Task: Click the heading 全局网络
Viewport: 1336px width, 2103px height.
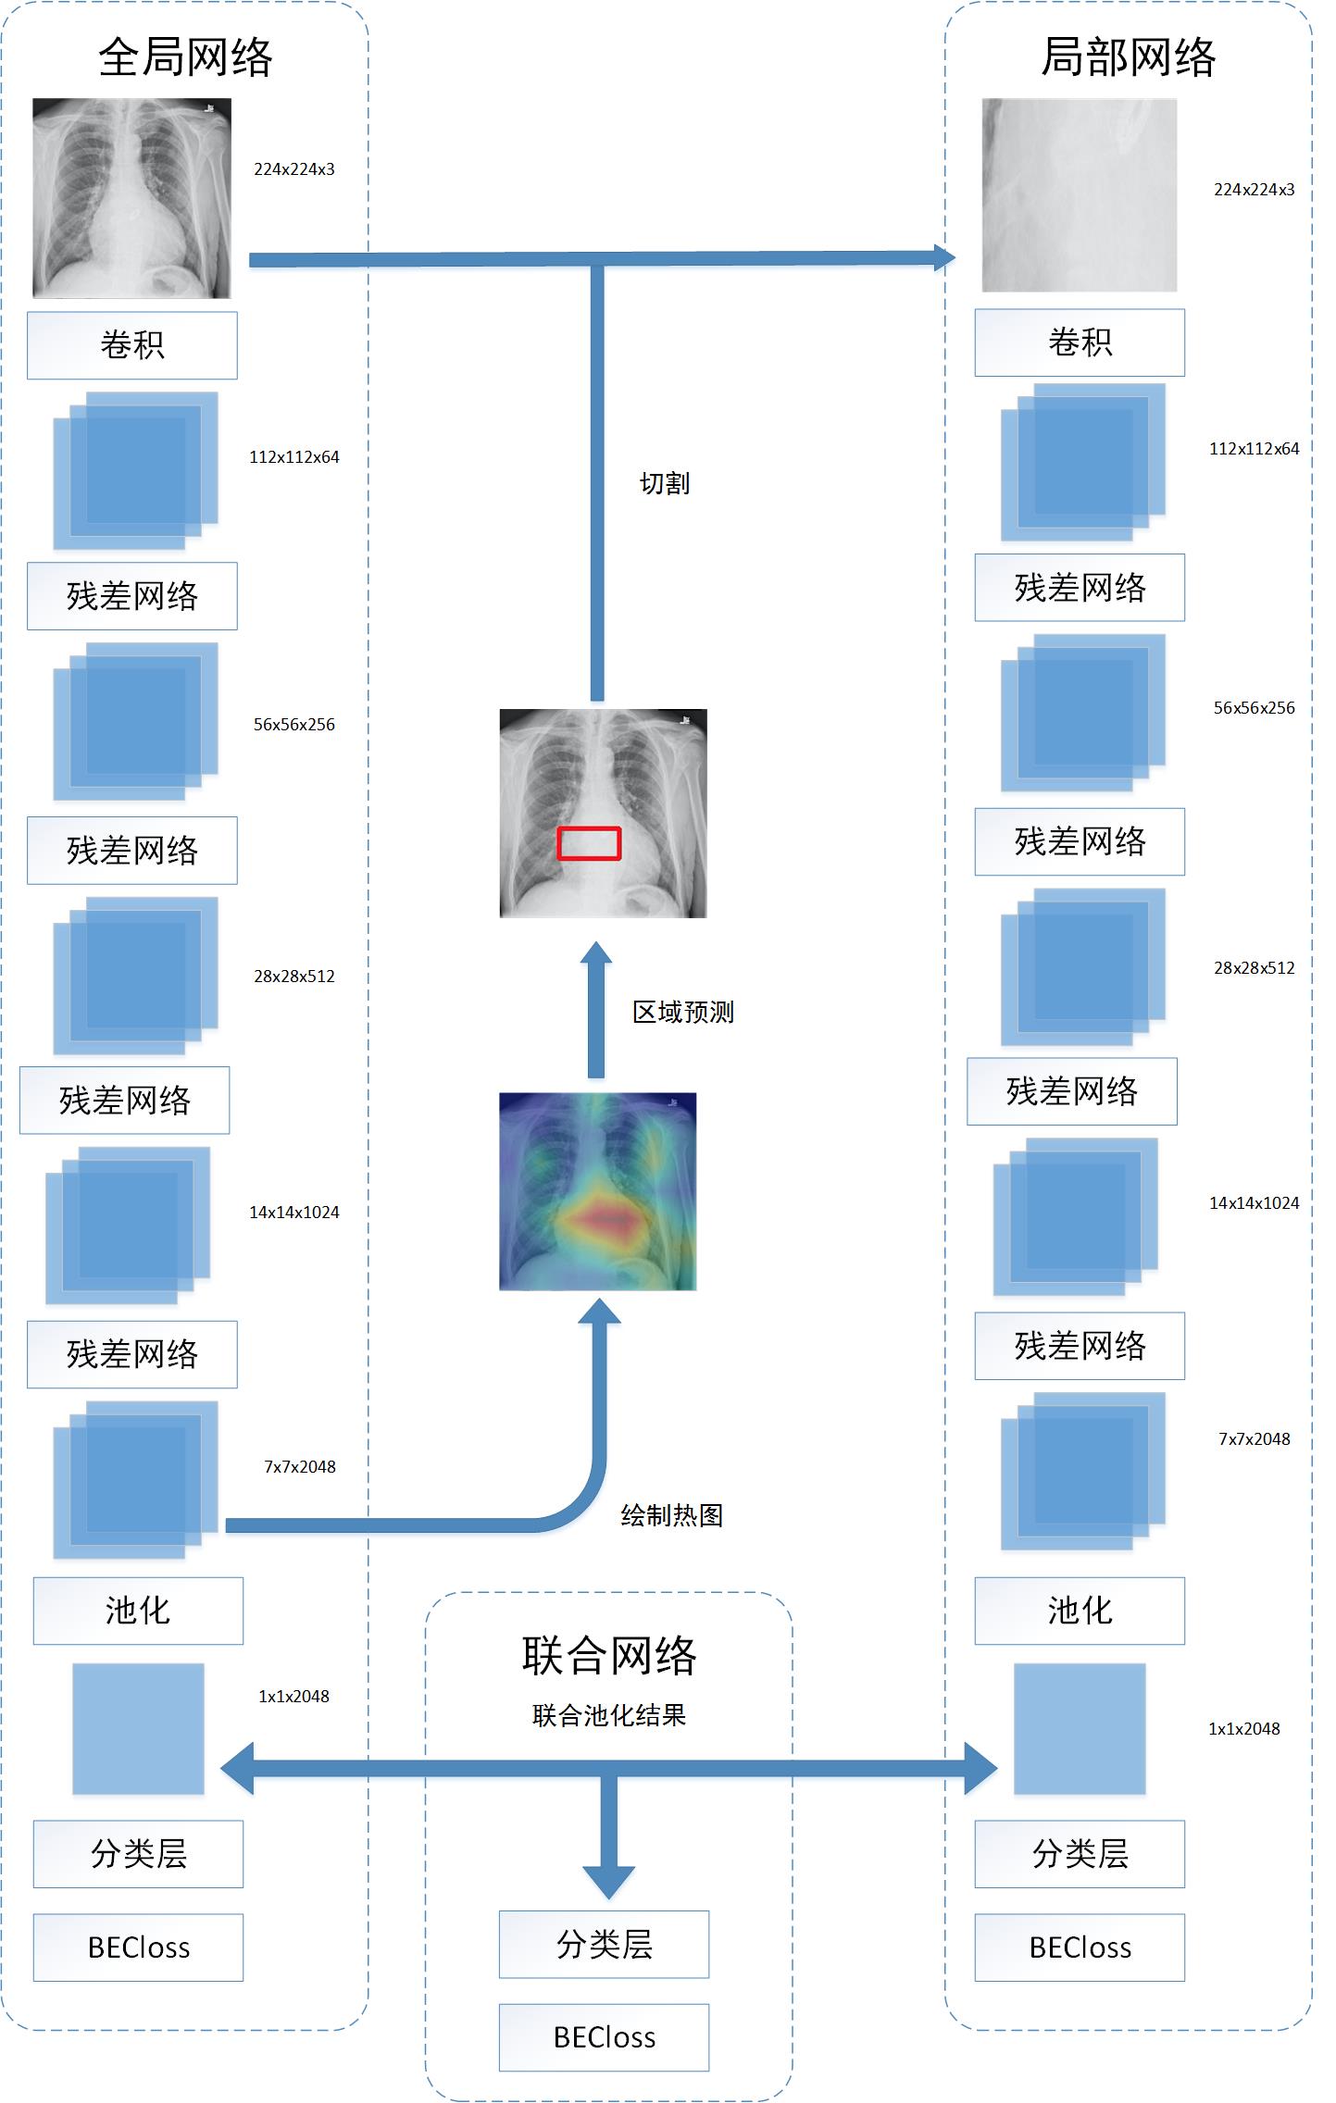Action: (185, 57)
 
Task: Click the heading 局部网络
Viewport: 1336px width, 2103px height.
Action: (1128, 57)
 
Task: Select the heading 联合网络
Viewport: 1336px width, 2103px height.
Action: (608, 1655)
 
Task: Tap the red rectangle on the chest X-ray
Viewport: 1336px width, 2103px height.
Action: (589, 843)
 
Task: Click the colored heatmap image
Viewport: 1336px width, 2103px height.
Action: (597, 1191)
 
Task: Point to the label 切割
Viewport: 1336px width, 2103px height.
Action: (665, 483)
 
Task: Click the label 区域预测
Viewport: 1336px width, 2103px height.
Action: (683, 1012)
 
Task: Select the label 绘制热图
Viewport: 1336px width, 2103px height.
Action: (671, 1515)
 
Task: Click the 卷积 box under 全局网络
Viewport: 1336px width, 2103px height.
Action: (131, 345)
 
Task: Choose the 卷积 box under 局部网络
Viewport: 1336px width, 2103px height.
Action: (1080, 342)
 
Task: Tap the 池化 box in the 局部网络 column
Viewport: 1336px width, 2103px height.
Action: (1080, 1611)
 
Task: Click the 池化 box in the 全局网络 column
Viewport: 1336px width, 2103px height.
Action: (138, 1611)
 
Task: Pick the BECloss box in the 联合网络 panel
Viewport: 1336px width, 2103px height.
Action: (604, 2037)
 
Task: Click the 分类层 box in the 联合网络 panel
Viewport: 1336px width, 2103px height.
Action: (604, 1944)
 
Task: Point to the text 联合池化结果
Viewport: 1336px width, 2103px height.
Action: (608, 1715)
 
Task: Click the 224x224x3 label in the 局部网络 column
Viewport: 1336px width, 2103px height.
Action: (1254, 190)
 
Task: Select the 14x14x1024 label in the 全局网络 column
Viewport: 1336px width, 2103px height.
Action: (293, 1213)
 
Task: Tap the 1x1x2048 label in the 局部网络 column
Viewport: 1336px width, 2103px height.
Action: (1243, 1729)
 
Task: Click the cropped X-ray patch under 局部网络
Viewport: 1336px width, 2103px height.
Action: (1080, 195)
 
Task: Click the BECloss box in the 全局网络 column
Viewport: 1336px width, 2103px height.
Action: (138, 1947)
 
